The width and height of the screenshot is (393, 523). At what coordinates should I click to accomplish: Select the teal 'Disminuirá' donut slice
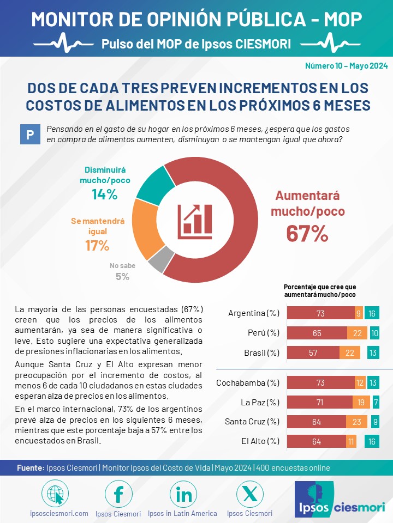[154, 185]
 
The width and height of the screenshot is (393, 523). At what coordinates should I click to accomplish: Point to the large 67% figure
[307, 234]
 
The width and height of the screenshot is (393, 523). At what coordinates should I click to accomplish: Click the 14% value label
[105, 194]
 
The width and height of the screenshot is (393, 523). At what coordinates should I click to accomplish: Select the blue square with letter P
[30, 135]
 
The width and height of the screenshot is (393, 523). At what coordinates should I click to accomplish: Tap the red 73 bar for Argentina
[321, 313]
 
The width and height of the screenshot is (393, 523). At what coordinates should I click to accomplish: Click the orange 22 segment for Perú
[357, 333]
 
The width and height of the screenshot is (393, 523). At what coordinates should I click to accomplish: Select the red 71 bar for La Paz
[320, 402]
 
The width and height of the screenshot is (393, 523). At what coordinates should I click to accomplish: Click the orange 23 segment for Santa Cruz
[356, 422]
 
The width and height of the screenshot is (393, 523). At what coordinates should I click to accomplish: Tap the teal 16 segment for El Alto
[372, 442]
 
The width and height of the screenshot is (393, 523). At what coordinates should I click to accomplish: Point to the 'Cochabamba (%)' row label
[248, 382]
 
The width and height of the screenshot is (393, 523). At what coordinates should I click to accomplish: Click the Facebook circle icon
[118, 494]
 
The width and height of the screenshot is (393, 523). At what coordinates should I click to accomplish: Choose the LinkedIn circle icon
[183, 494]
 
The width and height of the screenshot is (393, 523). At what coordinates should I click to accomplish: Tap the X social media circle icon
[249, 494]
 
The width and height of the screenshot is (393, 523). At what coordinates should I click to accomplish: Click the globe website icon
[55, 494]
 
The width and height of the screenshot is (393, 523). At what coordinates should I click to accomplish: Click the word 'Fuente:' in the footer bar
[31, 468]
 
